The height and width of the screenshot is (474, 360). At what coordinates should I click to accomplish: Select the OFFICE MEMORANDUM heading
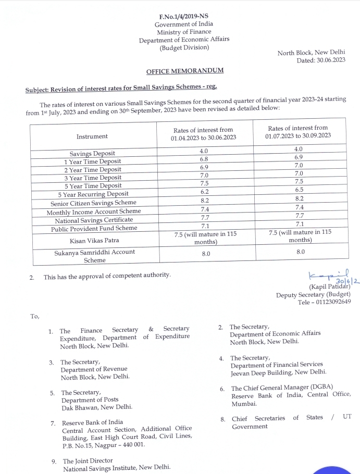(x=185, y=71)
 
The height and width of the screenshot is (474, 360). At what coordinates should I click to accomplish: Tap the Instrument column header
(x=92, y=136)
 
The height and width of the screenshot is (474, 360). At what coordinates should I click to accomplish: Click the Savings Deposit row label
(x=93, y=154)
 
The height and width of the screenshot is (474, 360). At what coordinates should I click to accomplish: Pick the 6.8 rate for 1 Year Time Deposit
(x=204, y=159)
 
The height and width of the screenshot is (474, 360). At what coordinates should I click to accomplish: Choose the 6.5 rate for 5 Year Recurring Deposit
(x=299, y=190)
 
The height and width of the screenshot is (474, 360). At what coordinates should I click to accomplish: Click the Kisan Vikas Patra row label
(x=92, y=241)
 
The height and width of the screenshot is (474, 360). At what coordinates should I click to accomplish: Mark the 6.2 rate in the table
(x=204, y=192)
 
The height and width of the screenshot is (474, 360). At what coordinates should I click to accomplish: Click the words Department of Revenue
(x=94, y=369)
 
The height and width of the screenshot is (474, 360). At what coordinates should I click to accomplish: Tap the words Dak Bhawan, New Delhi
(x=97, y=407)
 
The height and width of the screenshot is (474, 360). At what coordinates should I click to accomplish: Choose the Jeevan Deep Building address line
(x=279, y=372)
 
